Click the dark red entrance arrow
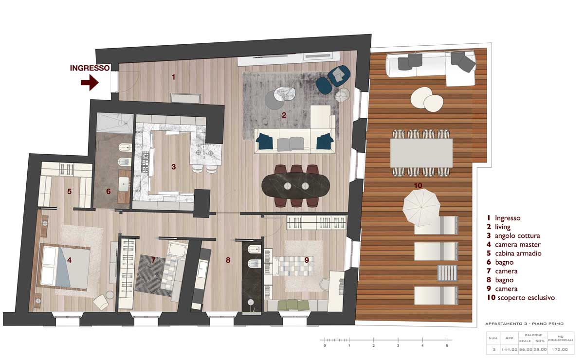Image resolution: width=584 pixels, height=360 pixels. [90, 83]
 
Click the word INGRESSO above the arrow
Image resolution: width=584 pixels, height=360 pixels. [90, 68]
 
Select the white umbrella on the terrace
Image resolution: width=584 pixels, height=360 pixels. [421, 207]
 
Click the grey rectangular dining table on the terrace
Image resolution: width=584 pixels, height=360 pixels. [421, 153]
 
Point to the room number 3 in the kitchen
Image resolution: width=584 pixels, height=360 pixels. [173, 166]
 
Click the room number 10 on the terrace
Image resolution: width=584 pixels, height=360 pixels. [418, 185]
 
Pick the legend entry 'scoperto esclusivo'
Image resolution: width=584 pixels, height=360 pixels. [526, 298]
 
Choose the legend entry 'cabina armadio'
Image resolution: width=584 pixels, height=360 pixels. [518, 253]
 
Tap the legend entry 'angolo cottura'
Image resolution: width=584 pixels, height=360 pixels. [517, 235]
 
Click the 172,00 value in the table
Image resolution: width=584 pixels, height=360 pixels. [560, 349]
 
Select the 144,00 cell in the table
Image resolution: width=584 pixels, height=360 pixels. [510, 349]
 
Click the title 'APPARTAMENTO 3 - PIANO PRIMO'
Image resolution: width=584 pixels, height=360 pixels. [524, 324]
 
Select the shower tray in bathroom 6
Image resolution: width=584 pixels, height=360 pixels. [115, 123]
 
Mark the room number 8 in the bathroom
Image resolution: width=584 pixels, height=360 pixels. [228, 260]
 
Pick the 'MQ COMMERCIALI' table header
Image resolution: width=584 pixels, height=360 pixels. [561, 338]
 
